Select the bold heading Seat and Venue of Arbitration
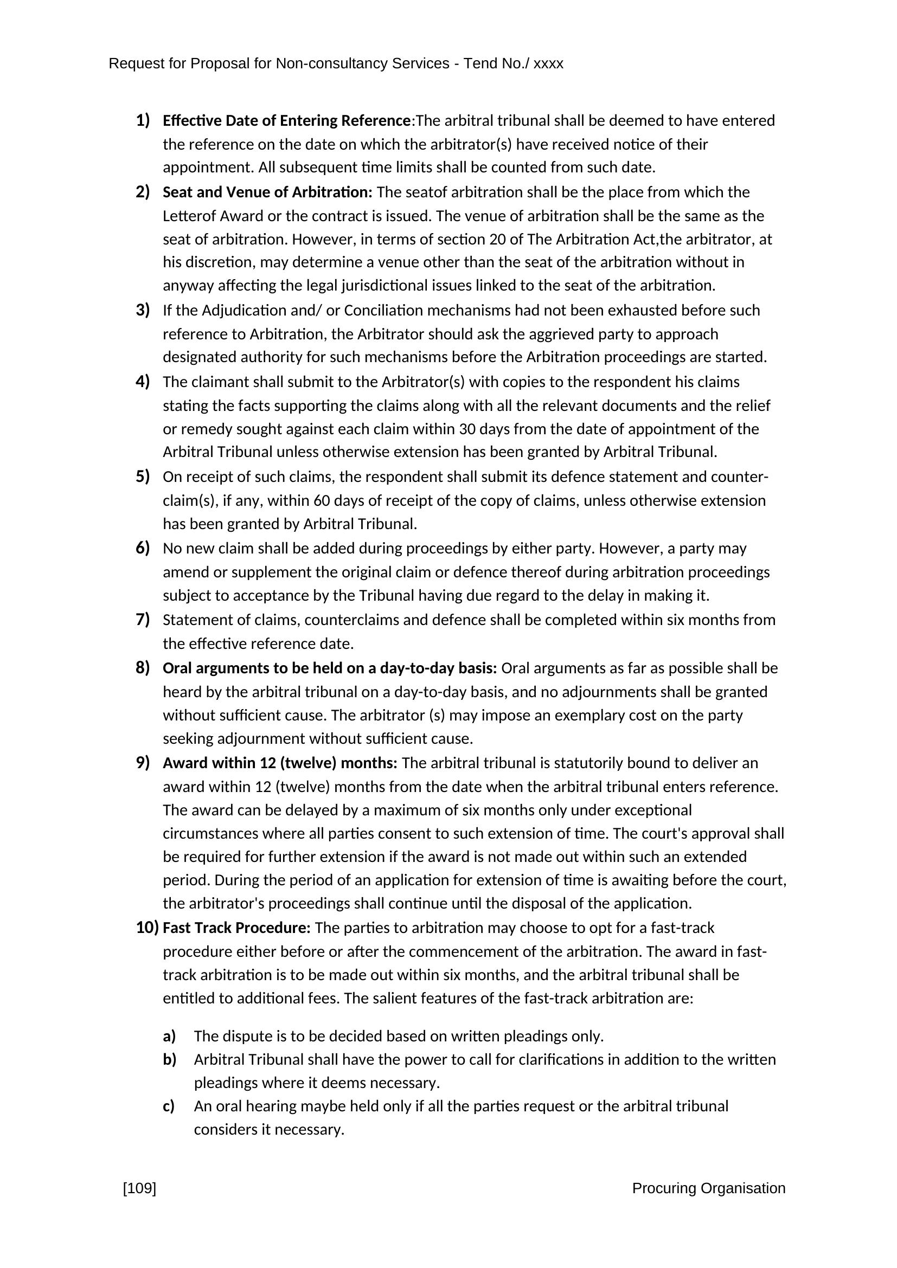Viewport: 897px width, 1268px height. [x=267, y=192]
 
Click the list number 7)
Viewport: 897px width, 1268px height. [x=143, y=620]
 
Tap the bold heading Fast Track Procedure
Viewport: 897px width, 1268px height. [x=236, y=928]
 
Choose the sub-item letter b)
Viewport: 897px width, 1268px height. [x=169, y=1059]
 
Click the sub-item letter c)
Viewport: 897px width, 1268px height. [x=169, y=1106]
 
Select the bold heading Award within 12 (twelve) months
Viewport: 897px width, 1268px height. [x=279, y=763]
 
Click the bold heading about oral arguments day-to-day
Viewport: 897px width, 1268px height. [x=329, y=668]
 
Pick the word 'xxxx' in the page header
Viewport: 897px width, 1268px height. [x=548, y=64]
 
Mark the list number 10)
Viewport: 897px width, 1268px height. [x=146, y=928]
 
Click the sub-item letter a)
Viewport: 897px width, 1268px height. [x=169, y=1036]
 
